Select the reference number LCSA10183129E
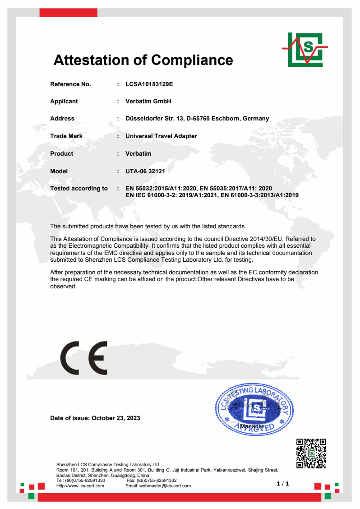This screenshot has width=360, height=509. pyautogui.click(x=149, y=84)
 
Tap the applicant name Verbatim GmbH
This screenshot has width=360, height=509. pyautogui.click(x=148, y=102)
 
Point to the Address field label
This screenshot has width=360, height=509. pyautogui.click(x=62, y=119)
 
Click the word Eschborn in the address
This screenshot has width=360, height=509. pyautogui.click(x=226, y=119)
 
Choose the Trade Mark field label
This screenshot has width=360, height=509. pyautogui.click(x=66, y=136)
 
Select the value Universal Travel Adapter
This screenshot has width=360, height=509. pyautogui.click(x=161, y=136)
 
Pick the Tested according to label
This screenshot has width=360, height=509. pyautogui.click(x=79, y=188)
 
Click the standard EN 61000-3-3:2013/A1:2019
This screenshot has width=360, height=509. pyautogui.click(x=259, y=195)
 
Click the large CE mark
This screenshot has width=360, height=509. pyautogui.click(x=84, y=358)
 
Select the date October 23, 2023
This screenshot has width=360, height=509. pyautogui.click(x=116, y=418)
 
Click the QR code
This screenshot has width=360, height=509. pyautogui.click(x=311, y=453)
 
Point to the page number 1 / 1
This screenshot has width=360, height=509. pyautogui.click(x=283, y=484)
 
